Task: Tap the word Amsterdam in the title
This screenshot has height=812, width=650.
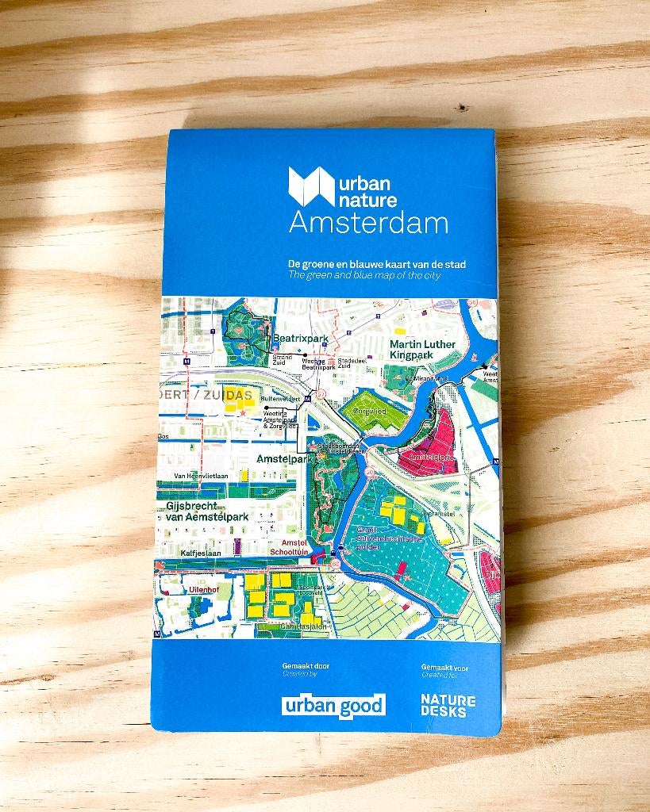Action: coord(368,223)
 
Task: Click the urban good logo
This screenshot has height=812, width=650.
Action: coord(333,704)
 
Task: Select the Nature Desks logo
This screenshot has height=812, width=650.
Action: coord(448,705)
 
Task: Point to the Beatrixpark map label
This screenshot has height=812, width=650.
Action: coord(301,339)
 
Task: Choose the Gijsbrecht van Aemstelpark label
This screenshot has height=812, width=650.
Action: coord(206,511)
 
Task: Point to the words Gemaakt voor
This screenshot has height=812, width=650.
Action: coord(444,668)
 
